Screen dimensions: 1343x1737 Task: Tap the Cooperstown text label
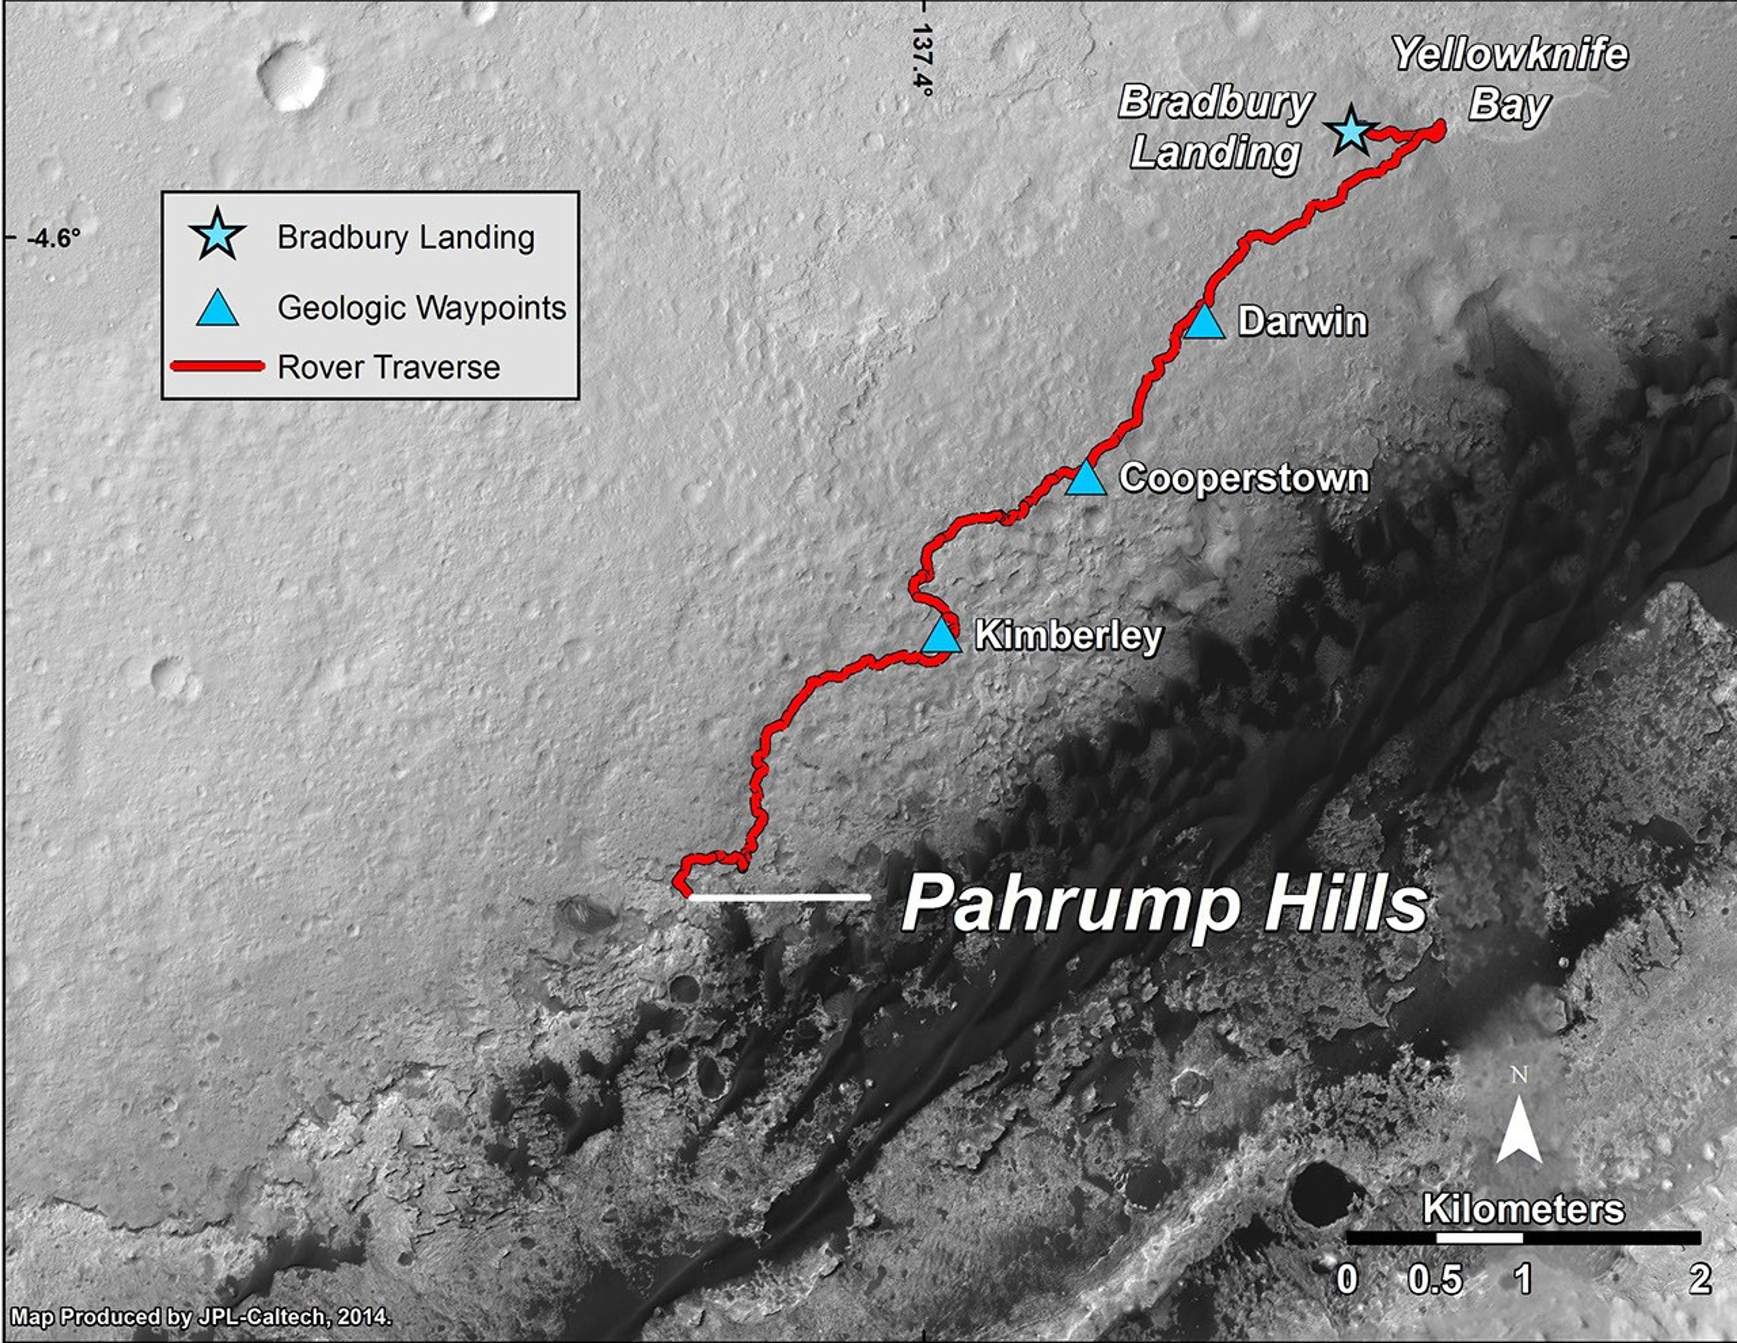(1244, 478)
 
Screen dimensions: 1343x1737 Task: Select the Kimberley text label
(1068, 635)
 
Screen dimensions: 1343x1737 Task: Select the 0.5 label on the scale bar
(1435, 1279)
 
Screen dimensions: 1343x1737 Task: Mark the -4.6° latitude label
(53, 238)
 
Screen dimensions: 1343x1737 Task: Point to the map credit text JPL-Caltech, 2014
(201, 1317)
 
